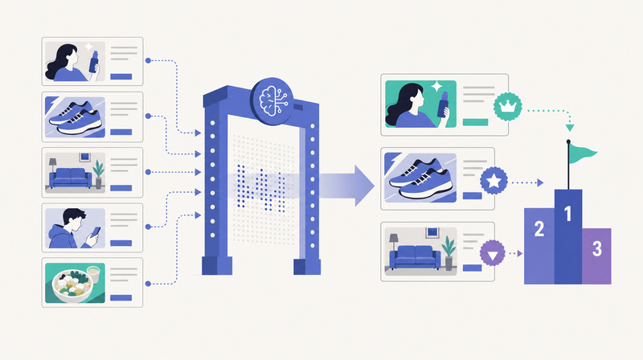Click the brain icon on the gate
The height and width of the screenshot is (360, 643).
point(272,99)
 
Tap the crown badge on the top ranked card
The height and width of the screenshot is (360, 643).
point(508,107)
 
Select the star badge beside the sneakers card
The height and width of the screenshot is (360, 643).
point(494,181)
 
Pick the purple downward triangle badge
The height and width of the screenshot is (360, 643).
point(493,253)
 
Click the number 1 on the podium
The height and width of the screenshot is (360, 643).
point(568,213)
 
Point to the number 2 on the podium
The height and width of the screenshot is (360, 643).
point(539,229)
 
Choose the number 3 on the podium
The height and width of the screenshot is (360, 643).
point(596,248)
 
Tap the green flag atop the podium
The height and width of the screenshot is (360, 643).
point(581,153)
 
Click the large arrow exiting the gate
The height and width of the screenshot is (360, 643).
point(346,186)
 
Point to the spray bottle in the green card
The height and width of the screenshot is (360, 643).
point(443,104)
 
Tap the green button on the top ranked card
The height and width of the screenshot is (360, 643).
point(475,122)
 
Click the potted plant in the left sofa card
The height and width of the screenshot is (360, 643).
point(98,174)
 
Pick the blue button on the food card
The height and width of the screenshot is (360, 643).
point(121,297)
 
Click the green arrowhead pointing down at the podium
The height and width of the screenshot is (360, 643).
point(570,128)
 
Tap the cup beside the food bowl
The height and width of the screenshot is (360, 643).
point(93,274)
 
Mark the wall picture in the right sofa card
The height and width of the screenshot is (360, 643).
point(432,232)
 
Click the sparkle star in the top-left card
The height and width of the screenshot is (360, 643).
point(88,47)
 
